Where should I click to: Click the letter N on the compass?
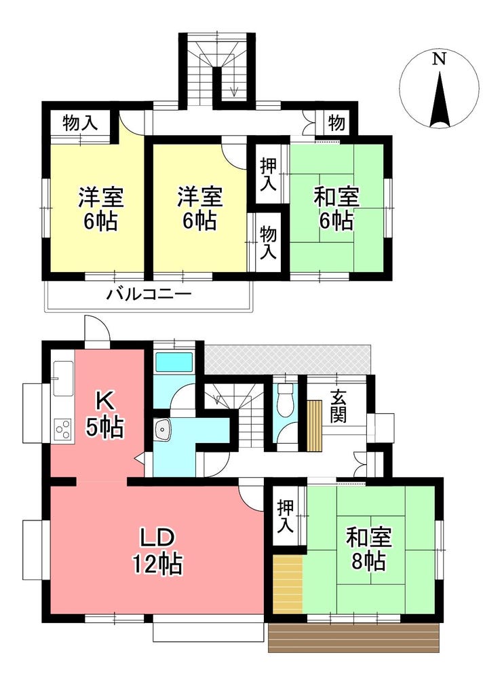pos(439,58)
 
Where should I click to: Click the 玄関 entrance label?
pos(338,407)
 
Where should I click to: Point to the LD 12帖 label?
pos(158,551)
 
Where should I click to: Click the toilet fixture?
pos(286,400)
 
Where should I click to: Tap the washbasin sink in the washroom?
pos(163,430)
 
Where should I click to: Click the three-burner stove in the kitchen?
pos(63,428)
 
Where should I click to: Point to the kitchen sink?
pos(63,379)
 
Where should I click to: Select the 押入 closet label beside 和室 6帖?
pos(268,174)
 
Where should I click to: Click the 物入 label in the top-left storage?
pos(80,123)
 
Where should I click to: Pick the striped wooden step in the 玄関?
pos(314,426)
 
